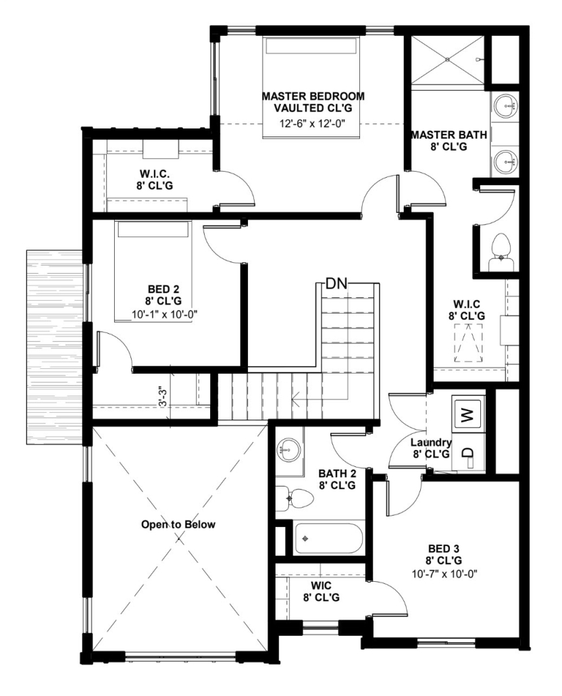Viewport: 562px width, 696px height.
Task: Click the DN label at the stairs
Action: point(336,283)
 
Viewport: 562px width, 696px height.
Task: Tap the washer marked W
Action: point(467,415)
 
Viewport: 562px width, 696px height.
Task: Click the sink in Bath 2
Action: point(288,451)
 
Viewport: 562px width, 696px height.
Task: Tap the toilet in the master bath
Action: point(501,252)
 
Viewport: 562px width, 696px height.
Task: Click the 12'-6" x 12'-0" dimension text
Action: point(312,124)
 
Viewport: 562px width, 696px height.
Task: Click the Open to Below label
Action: point(178,524)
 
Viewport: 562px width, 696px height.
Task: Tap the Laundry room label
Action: point(431,442)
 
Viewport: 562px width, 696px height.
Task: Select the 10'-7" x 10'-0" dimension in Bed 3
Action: point(444,574)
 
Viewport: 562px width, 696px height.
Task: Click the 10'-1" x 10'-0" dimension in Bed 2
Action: point(164,314)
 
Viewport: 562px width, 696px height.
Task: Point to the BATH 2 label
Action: point(337,473)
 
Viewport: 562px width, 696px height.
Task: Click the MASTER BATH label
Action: point(449,134)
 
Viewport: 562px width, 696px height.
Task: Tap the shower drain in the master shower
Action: point(447,59)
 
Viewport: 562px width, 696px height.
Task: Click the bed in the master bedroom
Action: point(311,87)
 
